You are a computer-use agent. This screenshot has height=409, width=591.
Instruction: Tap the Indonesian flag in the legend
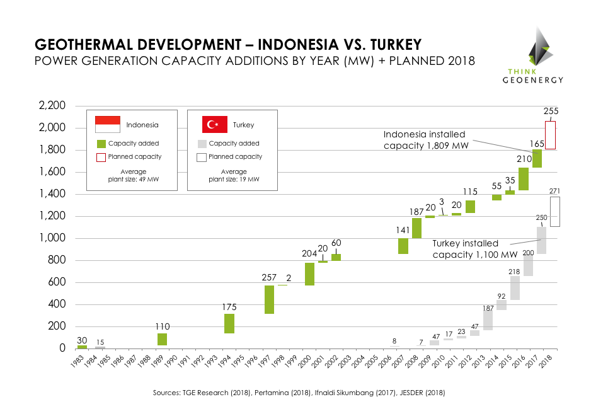click(x=107, y=124)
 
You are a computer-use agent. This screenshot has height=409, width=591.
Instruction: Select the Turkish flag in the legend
click(x=214, y=124)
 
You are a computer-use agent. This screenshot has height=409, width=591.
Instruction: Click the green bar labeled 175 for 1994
click(x=229, y=323)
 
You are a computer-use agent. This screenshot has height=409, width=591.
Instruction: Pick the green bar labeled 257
click(x=269, y=299)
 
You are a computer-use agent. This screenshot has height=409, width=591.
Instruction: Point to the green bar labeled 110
click(x=162, y=339)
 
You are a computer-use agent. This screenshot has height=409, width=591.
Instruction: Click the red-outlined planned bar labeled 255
click(x=550, y=135)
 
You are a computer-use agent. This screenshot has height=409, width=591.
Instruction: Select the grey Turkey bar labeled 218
click(x=515, y=288)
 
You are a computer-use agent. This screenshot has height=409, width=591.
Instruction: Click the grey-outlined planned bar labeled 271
click(x=554, y=212)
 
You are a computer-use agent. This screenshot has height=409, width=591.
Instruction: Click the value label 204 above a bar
click(x=309, y=254)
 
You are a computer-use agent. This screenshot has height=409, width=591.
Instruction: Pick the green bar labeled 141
click(x=403, y=246)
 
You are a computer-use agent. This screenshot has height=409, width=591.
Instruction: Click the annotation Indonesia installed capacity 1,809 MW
click(x=423, y=140)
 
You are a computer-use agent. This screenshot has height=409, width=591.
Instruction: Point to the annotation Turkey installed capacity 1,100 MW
click(x=466, y=249)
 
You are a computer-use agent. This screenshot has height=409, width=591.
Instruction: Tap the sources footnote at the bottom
click(x=299, y=393)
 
